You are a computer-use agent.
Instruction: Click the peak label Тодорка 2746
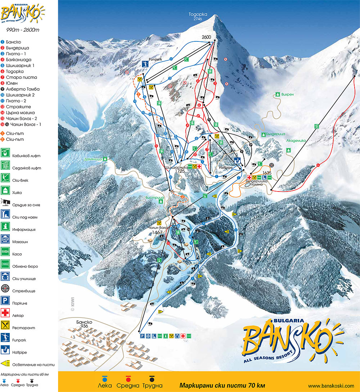tap(198, 17)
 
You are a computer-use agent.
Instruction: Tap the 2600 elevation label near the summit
tap(206, 37)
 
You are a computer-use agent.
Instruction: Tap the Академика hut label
tap(296, 141)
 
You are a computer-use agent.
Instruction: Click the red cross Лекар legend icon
tap(5, 315)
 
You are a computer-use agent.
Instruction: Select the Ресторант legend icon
tap(5, 328)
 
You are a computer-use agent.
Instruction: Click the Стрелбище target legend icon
tap(5, 290)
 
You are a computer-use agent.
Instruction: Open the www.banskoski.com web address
tap(331, 386)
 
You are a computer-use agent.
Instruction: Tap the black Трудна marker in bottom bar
tap(152, 379)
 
